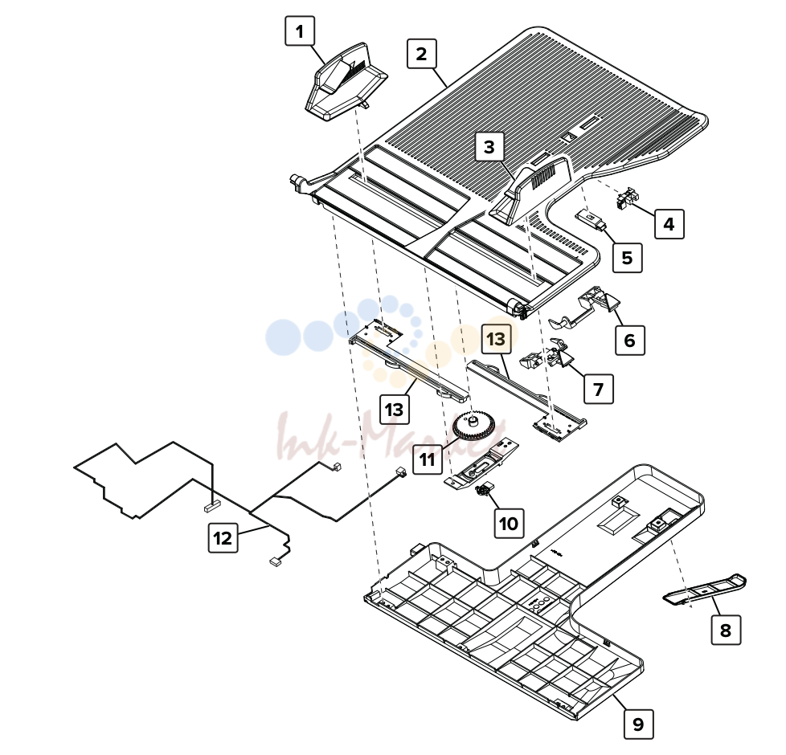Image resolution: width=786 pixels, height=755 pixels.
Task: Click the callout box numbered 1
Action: point(300,31)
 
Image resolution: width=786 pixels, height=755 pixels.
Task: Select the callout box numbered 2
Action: point(422,54)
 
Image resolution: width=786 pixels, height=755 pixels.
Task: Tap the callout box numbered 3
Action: point(489,146)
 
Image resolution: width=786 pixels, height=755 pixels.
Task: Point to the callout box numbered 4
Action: point(669,224)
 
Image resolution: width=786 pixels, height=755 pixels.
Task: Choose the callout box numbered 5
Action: point(627,258)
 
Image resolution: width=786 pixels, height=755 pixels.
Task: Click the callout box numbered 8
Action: point(726,630)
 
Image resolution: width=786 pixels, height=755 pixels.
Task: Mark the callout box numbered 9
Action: point(639,724)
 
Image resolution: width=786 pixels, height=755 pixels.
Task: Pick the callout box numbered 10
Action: point(509,524)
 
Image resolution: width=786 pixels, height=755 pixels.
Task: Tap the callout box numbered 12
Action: point(223,538)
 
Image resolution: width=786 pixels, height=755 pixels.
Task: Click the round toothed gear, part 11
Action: point(473,426)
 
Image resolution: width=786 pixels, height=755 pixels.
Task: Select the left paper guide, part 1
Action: point(346,82)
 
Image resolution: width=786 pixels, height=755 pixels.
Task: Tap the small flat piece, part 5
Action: point(591,219)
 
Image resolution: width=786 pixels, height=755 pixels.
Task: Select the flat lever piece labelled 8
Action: point(705,590)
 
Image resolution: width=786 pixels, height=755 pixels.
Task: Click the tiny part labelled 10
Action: point(485,490)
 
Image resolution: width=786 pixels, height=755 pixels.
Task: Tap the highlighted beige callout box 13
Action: point(496,339)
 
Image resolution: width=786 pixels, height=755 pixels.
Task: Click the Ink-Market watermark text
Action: point(391,437)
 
